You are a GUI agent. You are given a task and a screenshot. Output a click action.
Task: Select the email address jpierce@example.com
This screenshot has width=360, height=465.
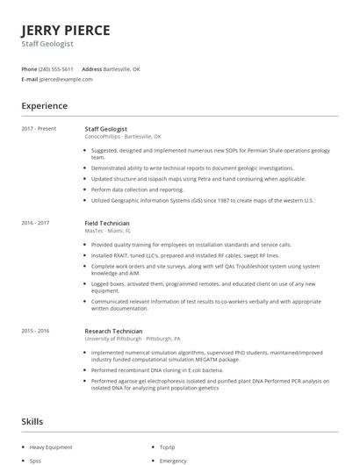tap(66, 79)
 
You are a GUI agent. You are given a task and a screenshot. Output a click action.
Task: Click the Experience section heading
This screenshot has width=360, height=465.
tap(45, 106)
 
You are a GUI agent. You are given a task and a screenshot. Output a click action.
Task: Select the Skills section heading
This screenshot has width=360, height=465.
tap(32, 422)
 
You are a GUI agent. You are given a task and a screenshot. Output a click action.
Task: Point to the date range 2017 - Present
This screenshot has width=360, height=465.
tap(39, 129)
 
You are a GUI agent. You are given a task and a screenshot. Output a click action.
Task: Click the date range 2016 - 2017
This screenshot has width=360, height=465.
tap(35, 223)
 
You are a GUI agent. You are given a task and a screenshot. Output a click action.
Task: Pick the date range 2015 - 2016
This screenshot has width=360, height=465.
tap(35, 331)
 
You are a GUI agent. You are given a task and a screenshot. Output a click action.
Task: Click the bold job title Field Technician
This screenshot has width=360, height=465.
tap(107, 223)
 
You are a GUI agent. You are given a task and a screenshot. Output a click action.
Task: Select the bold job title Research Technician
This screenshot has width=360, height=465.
tap(113, 331)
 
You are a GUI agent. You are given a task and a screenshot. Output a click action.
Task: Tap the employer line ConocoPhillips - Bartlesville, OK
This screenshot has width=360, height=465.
tap(123, 137)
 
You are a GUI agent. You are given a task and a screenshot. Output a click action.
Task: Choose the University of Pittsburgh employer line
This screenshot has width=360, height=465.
tap(133, 339)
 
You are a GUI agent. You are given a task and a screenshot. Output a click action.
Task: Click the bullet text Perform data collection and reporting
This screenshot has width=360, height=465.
tap(137, 190)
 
